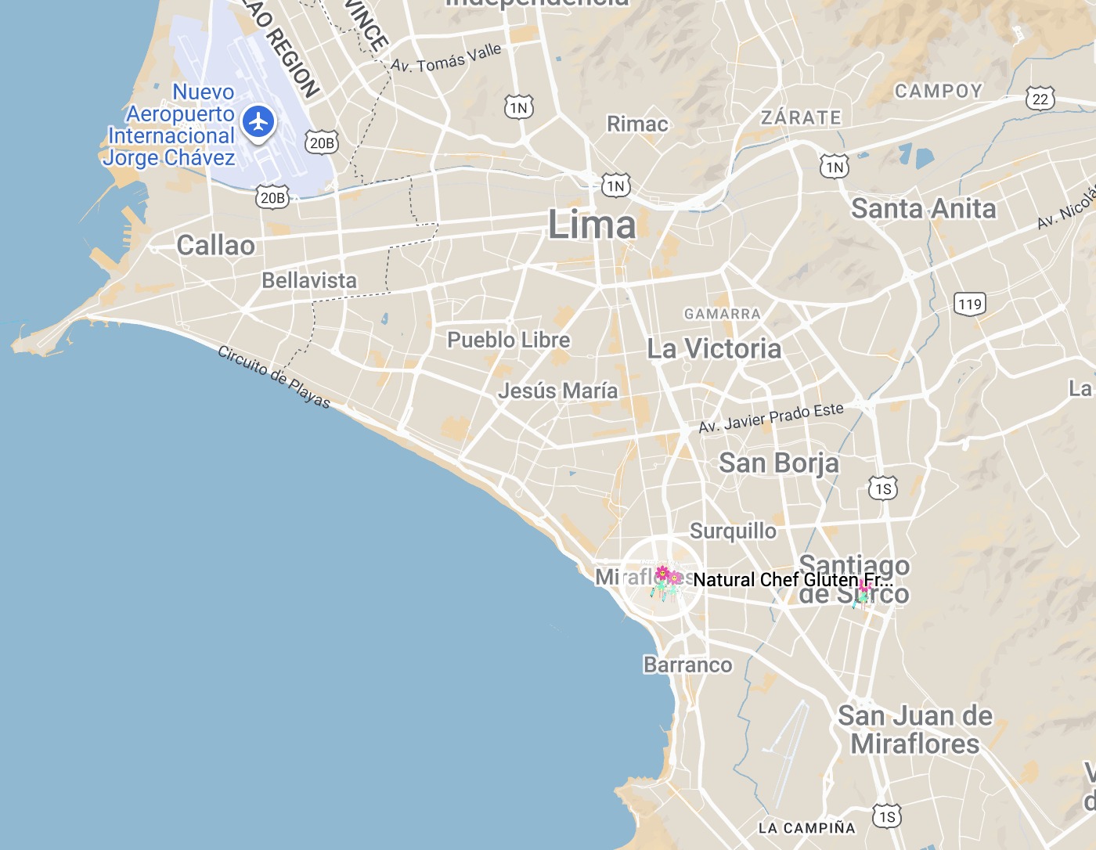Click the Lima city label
point(592,225)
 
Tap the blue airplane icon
point(258,122)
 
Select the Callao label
point(215,246)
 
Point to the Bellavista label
point(308,280)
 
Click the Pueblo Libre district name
point(508,340)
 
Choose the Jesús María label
point(557,391)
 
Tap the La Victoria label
point(714,349)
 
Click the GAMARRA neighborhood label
point(722,314)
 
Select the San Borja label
point(778,463)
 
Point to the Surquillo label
point(733,531)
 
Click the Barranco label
point(687,665)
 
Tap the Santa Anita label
point(923,209)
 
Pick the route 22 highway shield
point(1040,99)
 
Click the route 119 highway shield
point(969,304)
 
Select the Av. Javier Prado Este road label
point(771,418)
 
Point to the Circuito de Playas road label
point(274,376)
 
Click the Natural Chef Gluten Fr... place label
point(792,580)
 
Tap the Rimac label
point(637,124)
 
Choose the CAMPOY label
point(938,92)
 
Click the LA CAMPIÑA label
point(806,828)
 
